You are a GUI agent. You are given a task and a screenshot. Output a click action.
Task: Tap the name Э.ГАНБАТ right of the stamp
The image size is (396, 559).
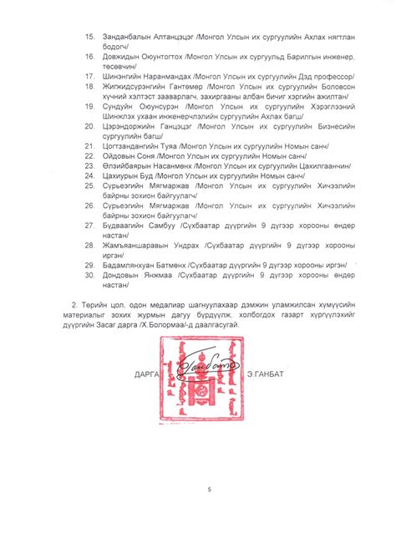[x=266, y=374]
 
